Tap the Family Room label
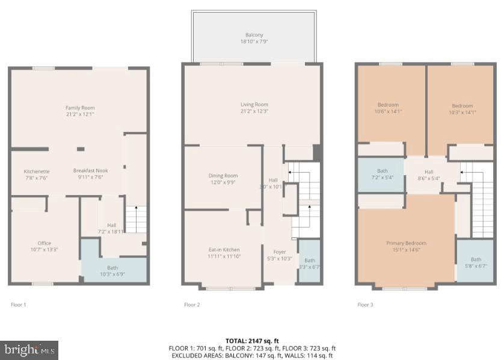coord(80,111)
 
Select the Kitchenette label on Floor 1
coord(36,174)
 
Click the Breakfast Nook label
coord(90,174)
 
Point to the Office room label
coord(44,246)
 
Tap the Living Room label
coord(253,108)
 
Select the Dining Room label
coord(223,179)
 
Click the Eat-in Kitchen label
coord(223,253)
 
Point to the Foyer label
coord(280,255)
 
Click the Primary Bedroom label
coord(406,246)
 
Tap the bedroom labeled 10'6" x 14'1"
coord(388,108)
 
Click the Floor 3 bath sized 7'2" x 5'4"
coord(382,174)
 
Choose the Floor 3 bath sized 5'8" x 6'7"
coord(476,262)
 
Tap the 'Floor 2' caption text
coord(192,305)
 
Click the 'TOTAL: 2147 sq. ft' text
coord(253,340)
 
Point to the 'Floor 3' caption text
coord(365,305)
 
